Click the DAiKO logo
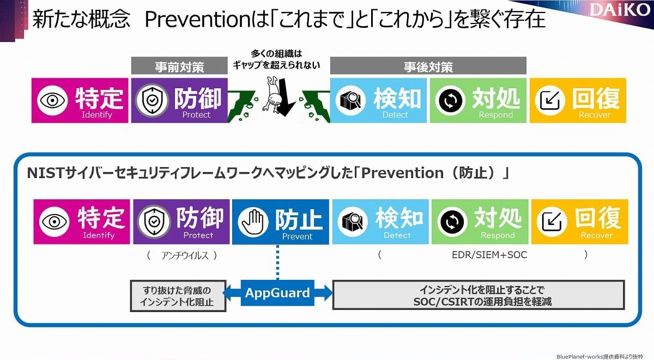coord(620,10)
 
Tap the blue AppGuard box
coord(277,293)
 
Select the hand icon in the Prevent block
coord(253,222)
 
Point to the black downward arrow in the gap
coord(284,97)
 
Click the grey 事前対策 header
coord(179,66)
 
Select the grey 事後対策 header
coord(428,66)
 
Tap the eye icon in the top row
coord(52,100)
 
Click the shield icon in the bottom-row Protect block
coord(154,222)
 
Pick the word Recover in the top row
coord(595,115)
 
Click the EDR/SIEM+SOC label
coord(489,255)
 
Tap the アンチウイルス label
coord(185,255)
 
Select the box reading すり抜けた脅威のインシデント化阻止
coord(178,296)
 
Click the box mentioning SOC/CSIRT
coord(479,295)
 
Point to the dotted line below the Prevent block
coord(277,263)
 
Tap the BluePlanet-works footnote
coord(599,357)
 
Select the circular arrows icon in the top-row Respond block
coord(451,100)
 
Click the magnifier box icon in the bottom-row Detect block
coord(353,222)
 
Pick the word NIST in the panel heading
coord(46,173)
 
